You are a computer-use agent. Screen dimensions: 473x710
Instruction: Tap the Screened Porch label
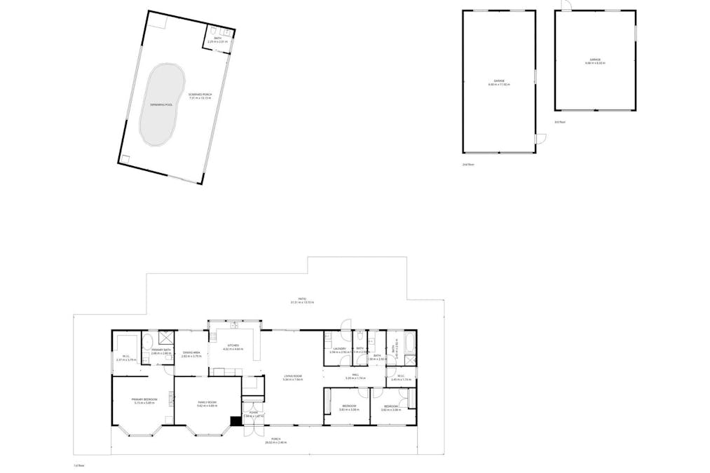tap(200, 95)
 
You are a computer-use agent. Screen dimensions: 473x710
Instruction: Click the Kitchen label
tap(232, 346)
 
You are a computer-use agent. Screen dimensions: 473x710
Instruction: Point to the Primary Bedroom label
tap(144, 399)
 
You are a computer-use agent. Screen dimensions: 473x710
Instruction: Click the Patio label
tap(301, 299)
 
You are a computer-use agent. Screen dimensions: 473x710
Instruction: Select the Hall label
tap(355, 376)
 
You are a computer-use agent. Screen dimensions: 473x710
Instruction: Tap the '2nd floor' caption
tap(467, 165)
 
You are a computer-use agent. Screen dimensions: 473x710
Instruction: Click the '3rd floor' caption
tap(559, 122)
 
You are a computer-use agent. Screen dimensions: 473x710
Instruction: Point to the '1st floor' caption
tap(79, 465)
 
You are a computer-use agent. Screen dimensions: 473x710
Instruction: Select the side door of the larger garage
tap(541, 139)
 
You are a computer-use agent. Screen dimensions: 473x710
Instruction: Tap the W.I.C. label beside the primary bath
tap(125, 357)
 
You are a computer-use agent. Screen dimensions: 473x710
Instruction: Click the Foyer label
tap(254, 413)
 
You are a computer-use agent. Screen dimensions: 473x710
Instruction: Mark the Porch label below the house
tap(273, 440)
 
